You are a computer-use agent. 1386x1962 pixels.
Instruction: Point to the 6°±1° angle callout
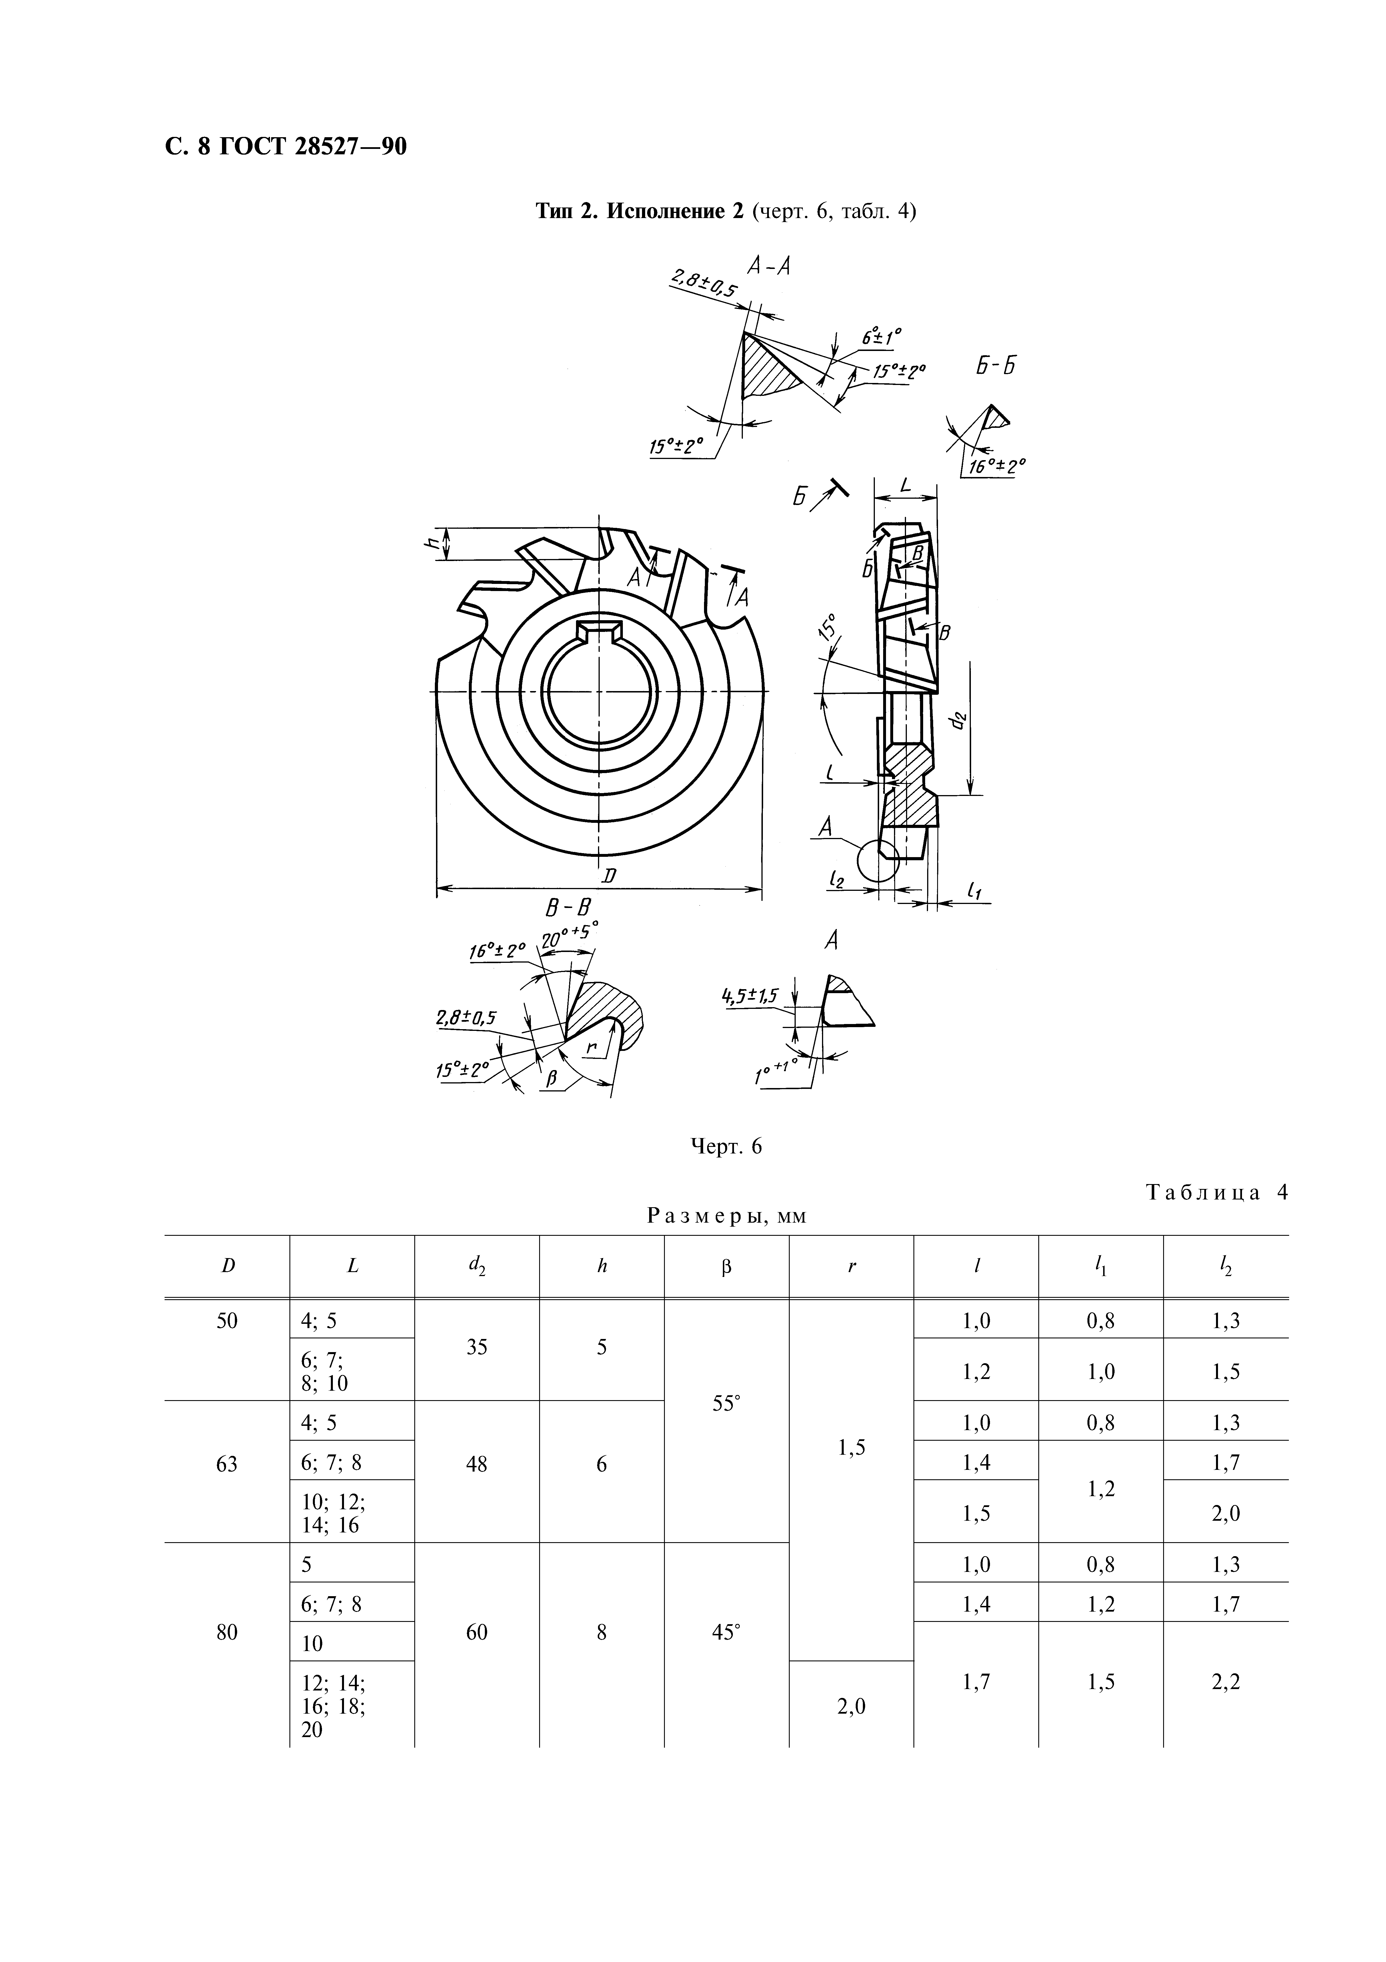coord(882,337)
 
